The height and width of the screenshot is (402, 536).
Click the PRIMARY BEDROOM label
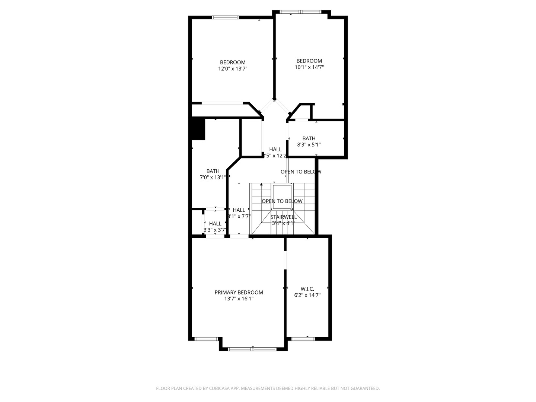pyautogui.click(x=239, y=293)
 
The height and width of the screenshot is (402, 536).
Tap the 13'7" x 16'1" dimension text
pyautogui.click(x=239, y=299)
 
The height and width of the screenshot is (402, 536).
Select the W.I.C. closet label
pyautogui.click(x=307, y=289)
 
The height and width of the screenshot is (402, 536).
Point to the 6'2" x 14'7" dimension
pyautogui.click(x=307, y=295)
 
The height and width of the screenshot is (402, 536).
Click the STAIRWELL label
pyautogui.click(x=283, y=217)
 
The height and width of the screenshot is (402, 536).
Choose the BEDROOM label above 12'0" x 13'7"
pyautogui.click(x=233, y=63)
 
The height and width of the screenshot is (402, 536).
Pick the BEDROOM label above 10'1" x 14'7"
pyautogui.click(x=309, y=61)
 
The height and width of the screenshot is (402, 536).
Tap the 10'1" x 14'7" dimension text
pyautogui.click(x=309, y=67)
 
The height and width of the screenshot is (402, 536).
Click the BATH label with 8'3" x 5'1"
pyautogui.click(x=309, y=138)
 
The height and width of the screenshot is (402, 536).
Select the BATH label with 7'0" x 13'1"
pyautogui.click(x=213, y=171)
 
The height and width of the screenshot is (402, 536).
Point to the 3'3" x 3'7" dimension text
pyautogui.click(x=215, y=230)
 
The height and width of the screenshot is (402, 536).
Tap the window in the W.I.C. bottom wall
pyautogui.click(x=303, y=339)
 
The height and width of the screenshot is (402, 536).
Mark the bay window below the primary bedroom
pyautogui.click(x=252, y=349)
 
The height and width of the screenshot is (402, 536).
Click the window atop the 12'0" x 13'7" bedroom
pyautogui.click(x=225, y=17)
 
